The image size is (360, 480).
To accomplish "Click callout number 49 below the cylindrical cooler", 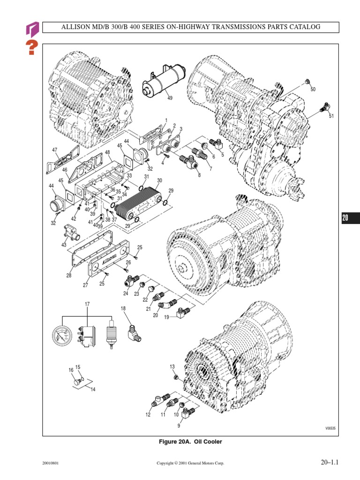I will coord(170,98).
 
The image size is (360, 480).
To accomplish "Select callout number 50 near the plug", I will coord(313,89).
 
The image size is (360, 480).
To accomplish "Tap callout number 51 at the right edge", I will coord(331,116).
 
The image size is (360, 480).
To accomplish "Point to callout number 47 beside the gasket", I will coord(55,150).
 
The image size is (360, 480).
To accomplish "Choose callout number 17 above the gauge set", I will coord(87,305).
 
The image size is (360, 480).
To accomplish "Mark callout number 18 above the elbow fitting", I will coord(123,308).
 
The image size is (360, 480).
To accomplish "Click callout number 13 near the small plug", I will coord(172,366).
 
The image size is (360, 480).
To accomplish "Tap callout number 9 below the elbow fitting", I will coord(179,426).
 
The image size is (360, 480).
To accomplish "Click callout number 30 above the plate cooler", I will coord(159,180).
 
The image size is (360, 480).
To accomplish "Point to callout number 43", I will coord(64,245).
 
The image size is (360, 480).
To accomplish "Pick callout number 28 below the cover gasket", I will coord(69,276).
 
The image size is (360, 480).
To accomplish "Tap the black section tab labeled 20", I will coord(345,217).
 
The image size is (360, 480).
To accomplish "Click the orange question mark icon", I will coord(31,47).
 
